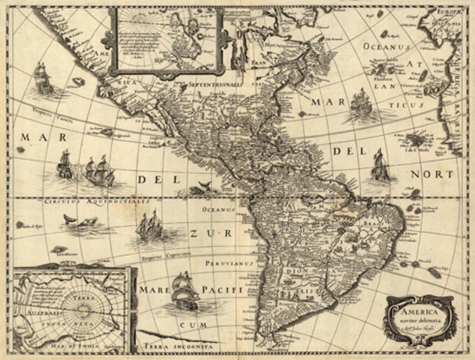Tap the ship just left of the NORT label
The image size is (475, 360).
pos(380,164)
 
